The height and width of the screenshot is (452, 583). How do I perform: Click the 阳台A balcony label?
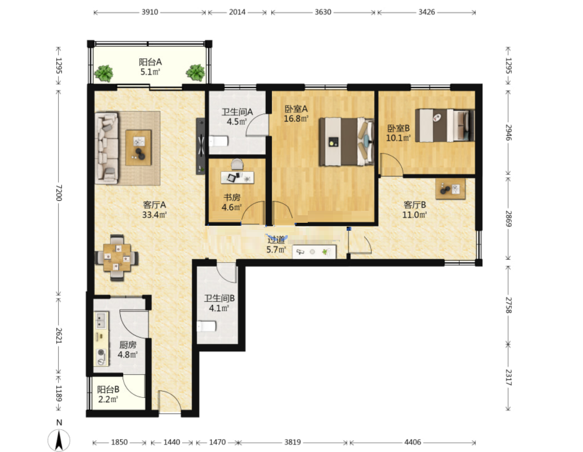(x=150, y=62)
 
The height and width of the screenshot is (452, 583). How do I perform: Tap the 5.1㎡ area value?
(x=150, y=72)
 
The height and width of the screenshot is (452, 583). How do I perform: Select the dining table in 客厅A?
(x=117, y=258)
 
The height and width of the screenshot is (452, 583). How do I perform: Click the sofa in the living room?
(x=107, y=148)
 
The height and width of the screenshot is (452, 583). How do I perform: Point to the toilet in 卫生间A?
(x=218, y=142)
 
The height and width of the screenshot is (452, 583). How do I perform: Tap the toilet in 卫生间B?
(x=206, y=326)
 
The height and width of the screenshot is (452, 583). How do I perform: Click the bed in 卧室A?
(x=346, y=142)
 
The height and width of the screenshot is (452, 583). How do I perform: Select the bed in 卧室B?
(x=445, y=125)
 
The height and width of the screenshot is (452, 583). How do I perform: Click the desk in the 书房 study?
(x=237, y=177)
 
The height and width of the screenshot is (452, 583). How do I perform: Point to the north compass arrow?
(x=59, y=440)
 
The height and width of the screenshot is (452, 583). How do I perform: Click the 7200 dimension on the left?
(x=59, y=193)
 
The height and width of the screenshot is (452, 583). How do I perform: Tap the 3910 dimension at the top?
(x=150, y=12)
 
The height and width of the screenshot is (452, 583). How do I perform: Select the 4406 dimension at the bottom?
(x=413, y=442)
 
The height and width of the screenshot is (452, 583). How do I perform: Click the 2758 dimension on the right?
(x=508, y=305)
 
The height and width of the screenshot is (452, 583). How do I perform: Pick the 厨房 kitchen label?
(x=128, y=345)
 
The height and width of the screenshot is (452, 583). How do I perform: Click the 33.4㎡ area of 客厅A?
(x=154, y=214)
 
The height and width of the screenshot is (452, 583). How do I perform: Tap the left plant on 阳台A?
(x=104, y=73)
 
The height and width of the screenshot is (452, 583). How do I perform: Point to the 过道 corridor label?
(x=276, y=240)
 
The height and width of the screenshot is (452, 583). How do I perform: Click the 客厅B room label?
(x=414, y=205)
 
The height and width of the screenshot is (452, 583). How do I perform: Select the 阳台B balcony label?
(x=108, y=389)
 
